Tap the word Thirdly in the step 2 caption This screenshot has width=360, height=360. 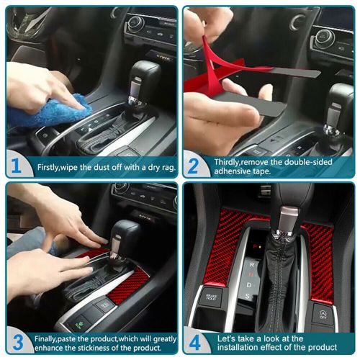[230, 161]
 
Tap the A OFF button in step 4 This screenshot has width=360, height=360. [321, 314]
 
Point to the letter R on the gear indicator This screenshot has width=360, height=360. [251, 264]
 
